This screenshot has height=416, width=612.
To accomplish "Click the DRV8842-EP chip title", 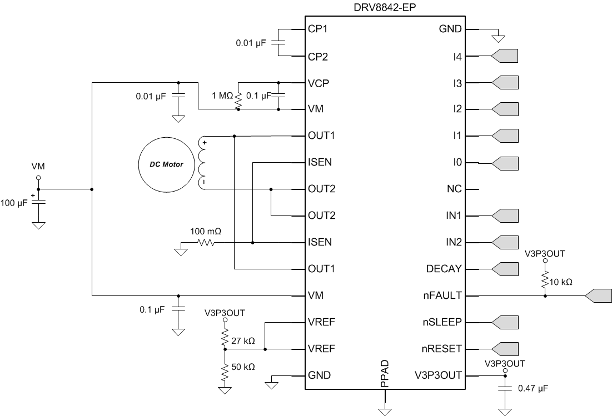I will click(383, 8).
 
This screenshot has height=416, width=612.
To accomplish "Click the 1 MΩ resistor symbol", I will click(238, 100).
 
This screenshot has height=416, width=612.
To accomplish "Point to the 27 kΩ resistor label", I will click(243, 340).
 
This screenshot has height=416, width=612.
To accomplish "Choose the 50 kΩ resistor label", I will click(243, 367).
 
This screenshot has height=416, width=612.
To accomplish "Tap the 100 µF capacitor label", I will click(15, 203).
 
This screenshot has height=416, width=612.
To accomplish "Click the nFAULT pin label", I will click(442, 296).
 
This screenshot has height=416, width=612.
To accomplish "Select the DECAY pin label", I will click(444, 269).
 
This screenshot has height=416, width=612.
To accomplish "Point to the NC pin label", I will click(454, 189).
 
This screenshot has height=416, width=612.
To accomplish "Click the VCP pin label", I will click(318, 83).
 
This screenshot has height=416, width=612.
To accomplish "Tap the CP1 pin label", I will click(318, 29).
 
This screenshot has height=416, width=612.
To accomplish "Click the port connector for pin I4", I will click(505, 56).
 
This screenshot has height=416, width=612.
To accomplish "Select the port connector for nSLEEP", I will click(505, 322).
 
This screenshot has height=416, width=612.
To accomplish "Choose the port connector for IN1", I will click(505, 215).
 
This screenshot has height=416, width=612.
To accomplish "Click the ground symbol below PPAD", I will click(385, 412).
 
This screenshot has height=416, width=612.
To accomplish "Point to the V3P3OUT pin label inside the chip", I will click(438, 375).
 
